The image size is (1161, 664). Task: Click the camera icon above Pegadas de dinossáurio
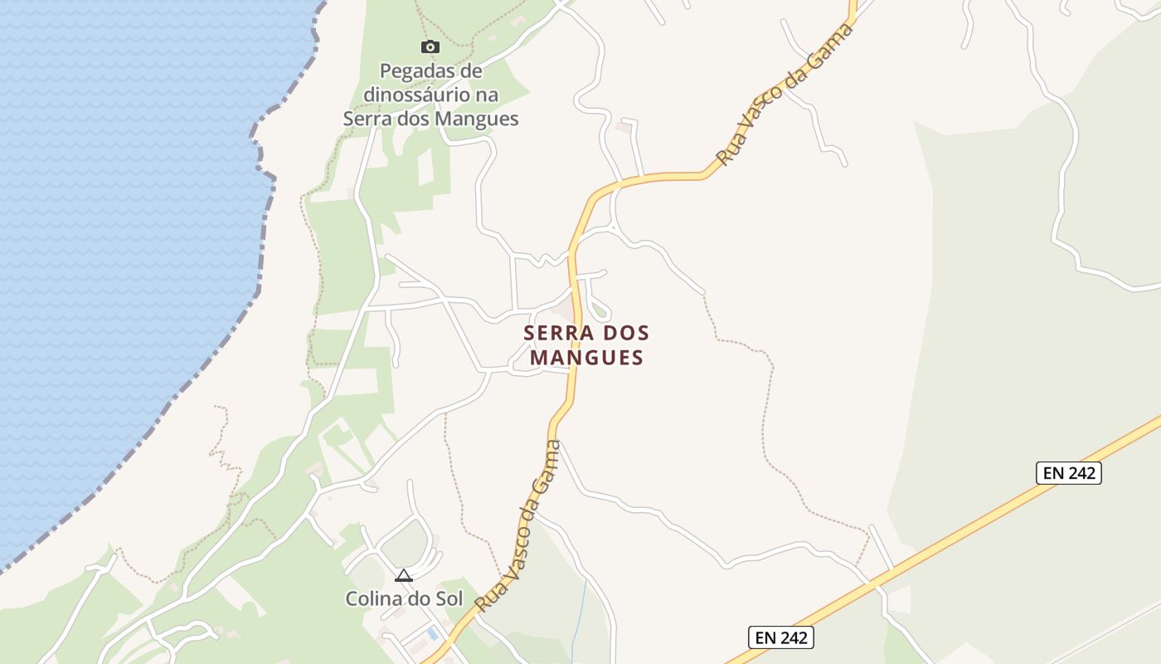[430, 46]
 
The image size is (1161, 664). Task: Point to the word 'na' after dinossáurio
[488, 95]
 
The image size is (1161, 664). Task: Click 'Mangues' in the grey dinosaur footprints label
[480, 119]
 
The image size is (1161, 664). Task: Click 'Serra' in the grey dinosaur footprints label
[366, 119]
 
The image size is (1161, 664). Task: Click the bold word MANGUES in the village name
[586, 358]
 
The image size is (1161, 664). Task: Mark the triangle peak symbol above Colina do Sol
[404, 575]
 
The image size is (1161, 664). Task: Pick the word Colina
[372, 598]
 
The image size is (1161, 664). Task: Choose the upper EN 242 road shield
[1068, 473]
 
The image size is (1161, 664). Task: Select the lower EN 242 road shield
[780, 637]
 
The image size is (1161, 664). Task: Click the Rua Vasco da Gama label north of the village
[785, 94]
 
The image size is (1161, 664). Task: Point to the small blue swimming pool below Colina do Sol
[432, 633]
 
